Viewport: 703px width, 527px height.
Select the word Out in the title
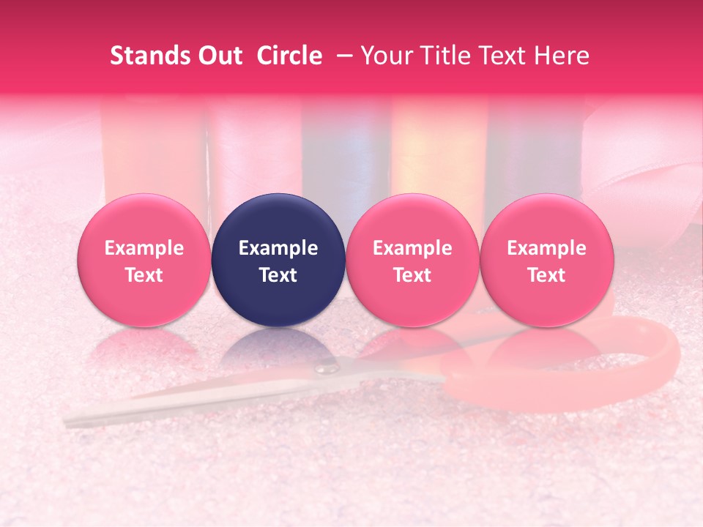[x=219, y=56]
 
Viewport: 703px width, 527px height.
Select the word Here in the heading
[x=562, y=56]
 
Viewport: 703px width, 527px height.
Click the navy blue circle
[x=278, y=261]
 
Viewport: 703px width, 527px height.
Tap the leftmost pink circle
[x=144, y=261]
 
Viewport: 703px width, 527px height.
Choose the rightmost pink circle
[x=547, y=261]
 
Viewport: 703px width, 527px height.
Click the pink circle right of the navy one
[x=412, y=261]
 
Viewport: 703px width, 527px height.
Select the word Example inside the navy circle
[x=278, y=248]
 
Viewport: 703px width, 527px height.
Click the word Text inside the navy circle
[x=278, y=275]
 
